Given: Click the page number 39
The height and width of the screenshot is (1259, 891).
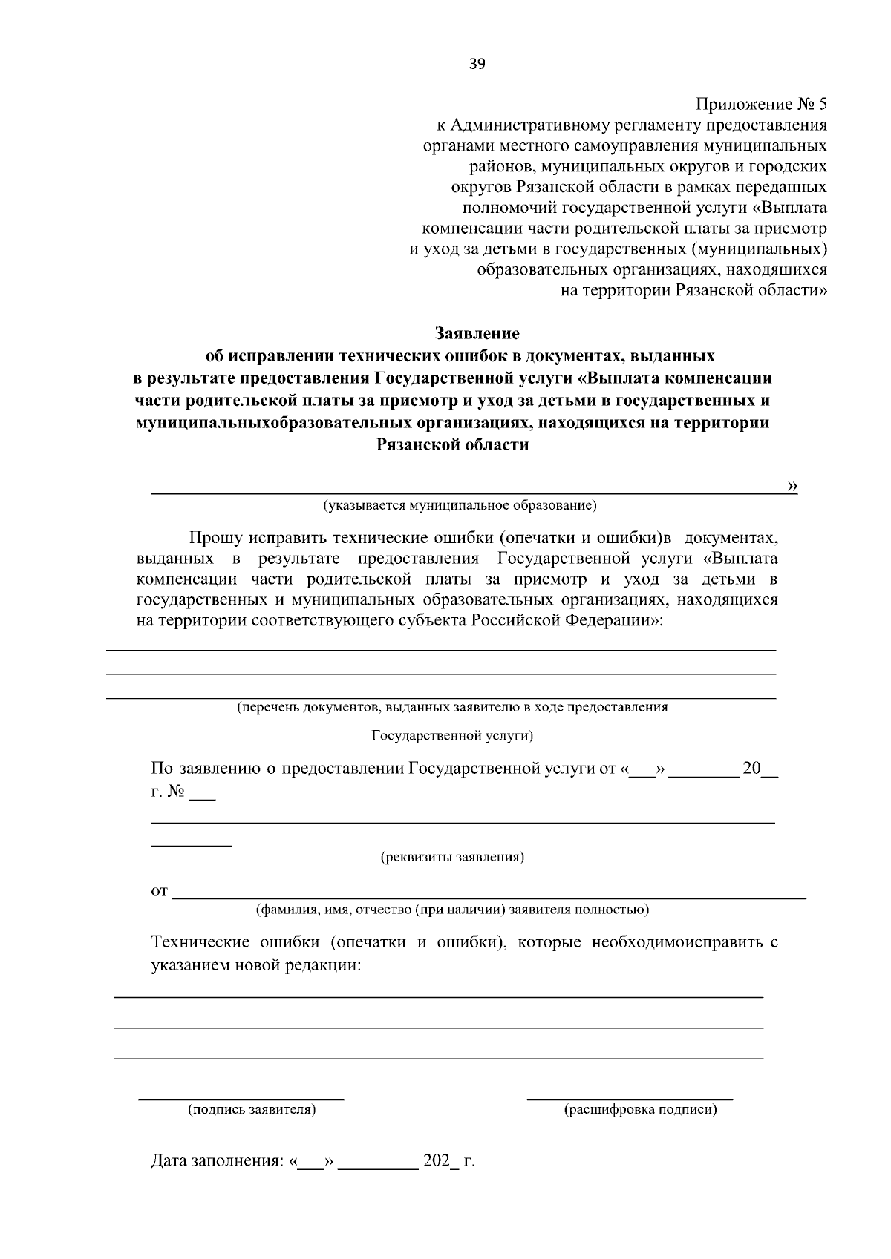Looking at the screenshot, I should pyautogui.click(x=477, y=64).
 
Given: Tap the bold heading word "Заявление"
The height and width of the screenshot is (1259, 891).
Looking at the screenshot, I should pyautogui.click(x=477, y=333).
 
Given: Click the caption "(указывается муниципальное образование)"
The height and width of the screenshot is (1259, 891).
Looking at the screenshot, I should pyautogui.click(x=460, y=506).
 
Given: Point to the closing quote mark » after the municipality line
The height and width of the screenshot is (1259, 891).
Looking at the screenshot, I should pyautogui.click(x=792, y=486).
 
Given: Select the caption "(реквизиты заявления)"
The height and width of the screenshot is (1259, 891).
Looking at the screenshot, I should pyautogui.click(x=452, y=858).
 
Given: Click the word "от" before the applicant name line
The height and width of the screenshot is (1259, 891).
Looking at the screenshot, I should pyautogui.click(x=159, y=891).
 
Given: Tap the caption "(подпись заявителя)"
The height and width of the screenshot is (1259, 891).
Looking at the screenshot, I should pyautogui.click(x=252, y=1110).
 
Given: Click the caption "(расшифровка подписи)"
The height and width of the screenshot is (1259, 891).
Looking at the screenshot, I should pyautogui.click(x=640, y=1110).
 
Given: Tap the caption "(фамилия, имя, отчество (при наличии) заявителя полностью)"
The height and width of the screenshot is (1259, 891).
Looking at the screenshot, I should pyautogui.click(x=452, y=910).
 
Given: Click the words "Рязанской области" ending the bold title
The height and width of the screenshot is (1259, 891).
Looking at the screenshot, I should pyautogui.click(x=453, y=446).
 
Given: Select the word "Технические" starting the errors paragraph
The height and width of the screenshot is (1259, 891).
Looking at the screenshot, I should pyautogui.click(x=200, y=943).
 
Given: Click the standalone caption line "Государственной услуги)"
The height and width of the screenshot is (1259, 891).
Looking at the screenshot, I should pyautogui.click(x=452, y=736).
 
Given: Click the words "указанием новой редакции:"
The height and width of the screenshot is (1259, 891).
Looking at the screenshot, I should pyautogui.click(x=256, y=966).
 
